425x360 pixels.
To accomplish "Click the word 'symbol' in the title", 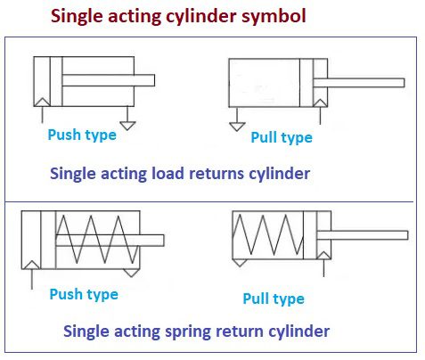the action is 274,16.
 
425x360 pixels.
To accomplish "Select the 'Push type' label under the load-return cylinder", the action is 82,135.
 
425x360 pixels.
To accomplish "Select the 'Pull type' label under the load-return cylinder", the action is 282,138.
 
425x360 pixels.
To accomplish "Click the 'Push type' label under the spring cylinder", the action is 84,295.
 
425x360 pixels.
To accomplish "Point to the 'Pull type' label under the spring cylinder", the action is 274,299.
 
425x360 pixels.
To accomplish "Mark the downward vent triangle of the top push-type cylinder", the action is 127,126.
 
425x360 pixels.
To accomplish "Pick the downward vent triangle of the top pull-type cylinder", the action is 237,127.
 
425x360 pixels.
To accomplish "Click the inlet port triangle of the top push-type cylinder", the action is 42,102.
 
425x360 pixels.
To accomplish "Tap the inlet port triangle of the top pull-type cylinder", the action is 320,102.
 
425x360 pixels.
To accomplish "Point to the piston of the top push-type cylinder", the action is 56,81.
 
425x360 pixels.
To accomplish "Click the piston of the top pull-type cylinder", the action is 306,83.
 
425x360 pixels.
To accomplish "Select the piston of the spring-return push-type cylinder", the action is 48,240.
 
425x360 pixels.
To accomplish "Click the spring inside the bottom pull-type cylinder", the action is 268,235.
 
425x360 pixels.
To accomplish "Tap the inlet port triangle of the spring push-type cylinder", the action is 31,265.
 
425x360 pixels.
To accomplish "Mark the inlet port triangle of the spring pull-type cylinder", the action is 323,256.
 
